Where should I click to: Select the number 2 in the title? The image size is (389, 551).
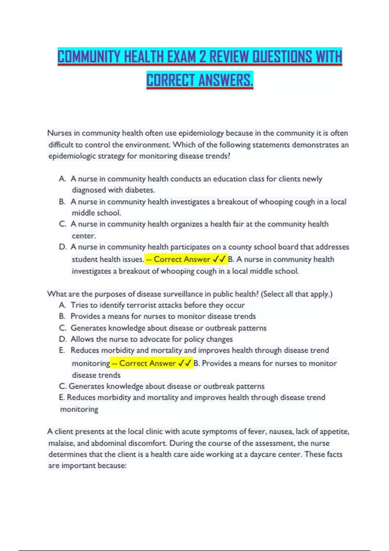(x=203, y=57)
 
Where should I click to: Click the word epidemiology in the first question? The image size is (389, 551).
(x=201, y=133)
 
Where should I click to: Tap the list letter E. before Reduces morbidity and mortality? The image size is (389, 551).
(x=62, y=350)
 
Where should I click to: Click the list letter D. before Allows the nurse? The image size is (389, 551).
(x=63, y=339)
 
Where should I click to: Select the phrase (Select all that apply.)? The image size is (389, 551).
(x=297, y=294)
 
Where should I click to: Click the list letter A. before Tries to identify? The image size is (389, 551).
(x=63, y=305)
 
